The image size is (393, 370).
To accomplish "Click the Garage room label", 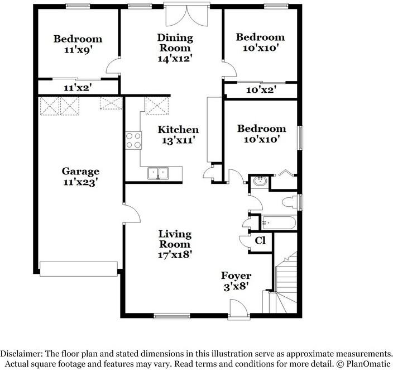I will [x=80, y=172].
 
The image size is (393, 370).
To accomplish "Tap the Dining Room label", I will [x=175, y=39].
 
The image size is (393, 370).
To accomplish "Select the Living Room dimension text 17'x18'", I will [x=175, y=254].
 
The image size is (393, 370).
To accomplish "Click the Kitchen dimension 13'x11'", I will [x=178, y=141].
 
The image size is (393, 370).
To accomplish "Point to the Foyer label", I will [x=236, y=276].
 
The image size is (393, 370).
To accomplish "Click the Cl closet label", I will [x=260, y=241].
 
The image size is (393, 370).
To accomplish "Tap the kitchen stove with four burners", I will [x=133, y=140].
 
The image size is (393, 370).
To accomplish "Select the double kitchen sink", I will [x=159, y=173].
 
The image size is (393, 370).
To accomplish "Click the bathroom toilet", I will [x=290, y=202].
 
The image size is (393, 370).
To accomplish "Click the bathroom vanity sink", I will [x=260, y=181].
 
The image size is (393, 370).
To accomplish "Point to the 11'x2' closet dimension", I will [x=78, y=88].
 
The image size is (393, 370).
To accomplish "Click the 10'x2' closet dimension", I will [x=260, y=89].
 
